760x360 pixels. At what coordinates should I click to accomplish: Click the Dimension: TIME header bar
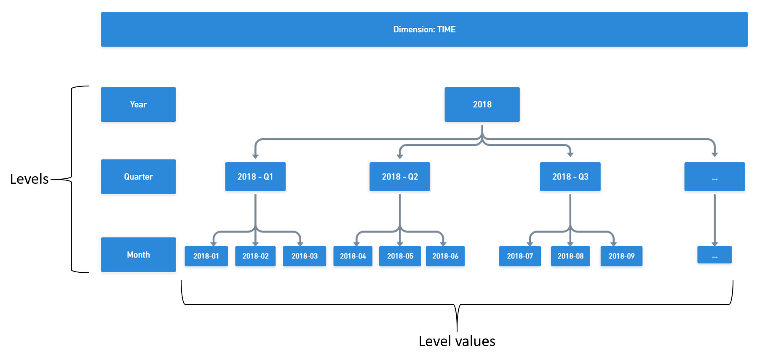pos(424,29)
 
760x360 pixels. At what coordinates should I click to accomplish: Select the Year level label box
pos(138,104)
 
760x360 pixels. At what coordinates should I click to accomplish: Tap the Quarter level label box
pos(138,177)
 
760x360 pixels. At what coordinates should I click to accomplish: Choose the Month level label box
pos(138,255)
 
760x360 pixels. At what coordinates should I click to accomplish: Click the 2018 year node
pos(482,104)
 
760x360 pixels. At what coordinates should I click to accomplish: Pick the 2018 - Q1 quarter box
pos(255,177)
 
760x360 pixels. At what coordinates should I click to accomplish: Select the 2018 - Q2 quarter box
pos(400,177)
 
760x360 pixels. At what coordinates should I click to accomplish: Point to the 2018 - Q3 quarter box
pos(570,177)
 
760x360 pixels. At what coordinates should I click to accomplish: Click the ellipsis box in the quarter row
pos(715,177)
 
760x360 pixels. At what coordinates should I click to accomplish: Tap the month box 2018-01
pos(206,256)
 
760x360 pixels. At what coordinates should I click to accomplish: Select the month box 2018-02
pos(255,256)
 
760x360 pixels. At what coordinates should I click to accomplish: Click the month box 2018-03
pos(304,256)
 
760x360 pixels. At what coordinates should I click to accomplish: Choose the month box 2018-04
pos(353,256)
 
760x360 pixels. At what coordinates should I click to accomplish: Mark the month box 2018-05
pos(400,256)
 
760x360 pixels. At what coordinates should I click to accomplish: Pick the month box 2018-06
pos(445,256)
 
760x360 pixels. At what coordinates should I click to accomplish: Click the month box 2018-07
pos(520,256)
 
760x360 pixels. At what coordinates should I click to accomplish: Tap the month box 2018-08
pos(570,256)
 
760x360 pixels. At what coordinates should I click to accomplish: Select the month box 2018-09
pos(621,256)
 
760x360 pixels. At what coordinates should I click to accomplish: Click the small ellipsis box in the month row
pos(715,255)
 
